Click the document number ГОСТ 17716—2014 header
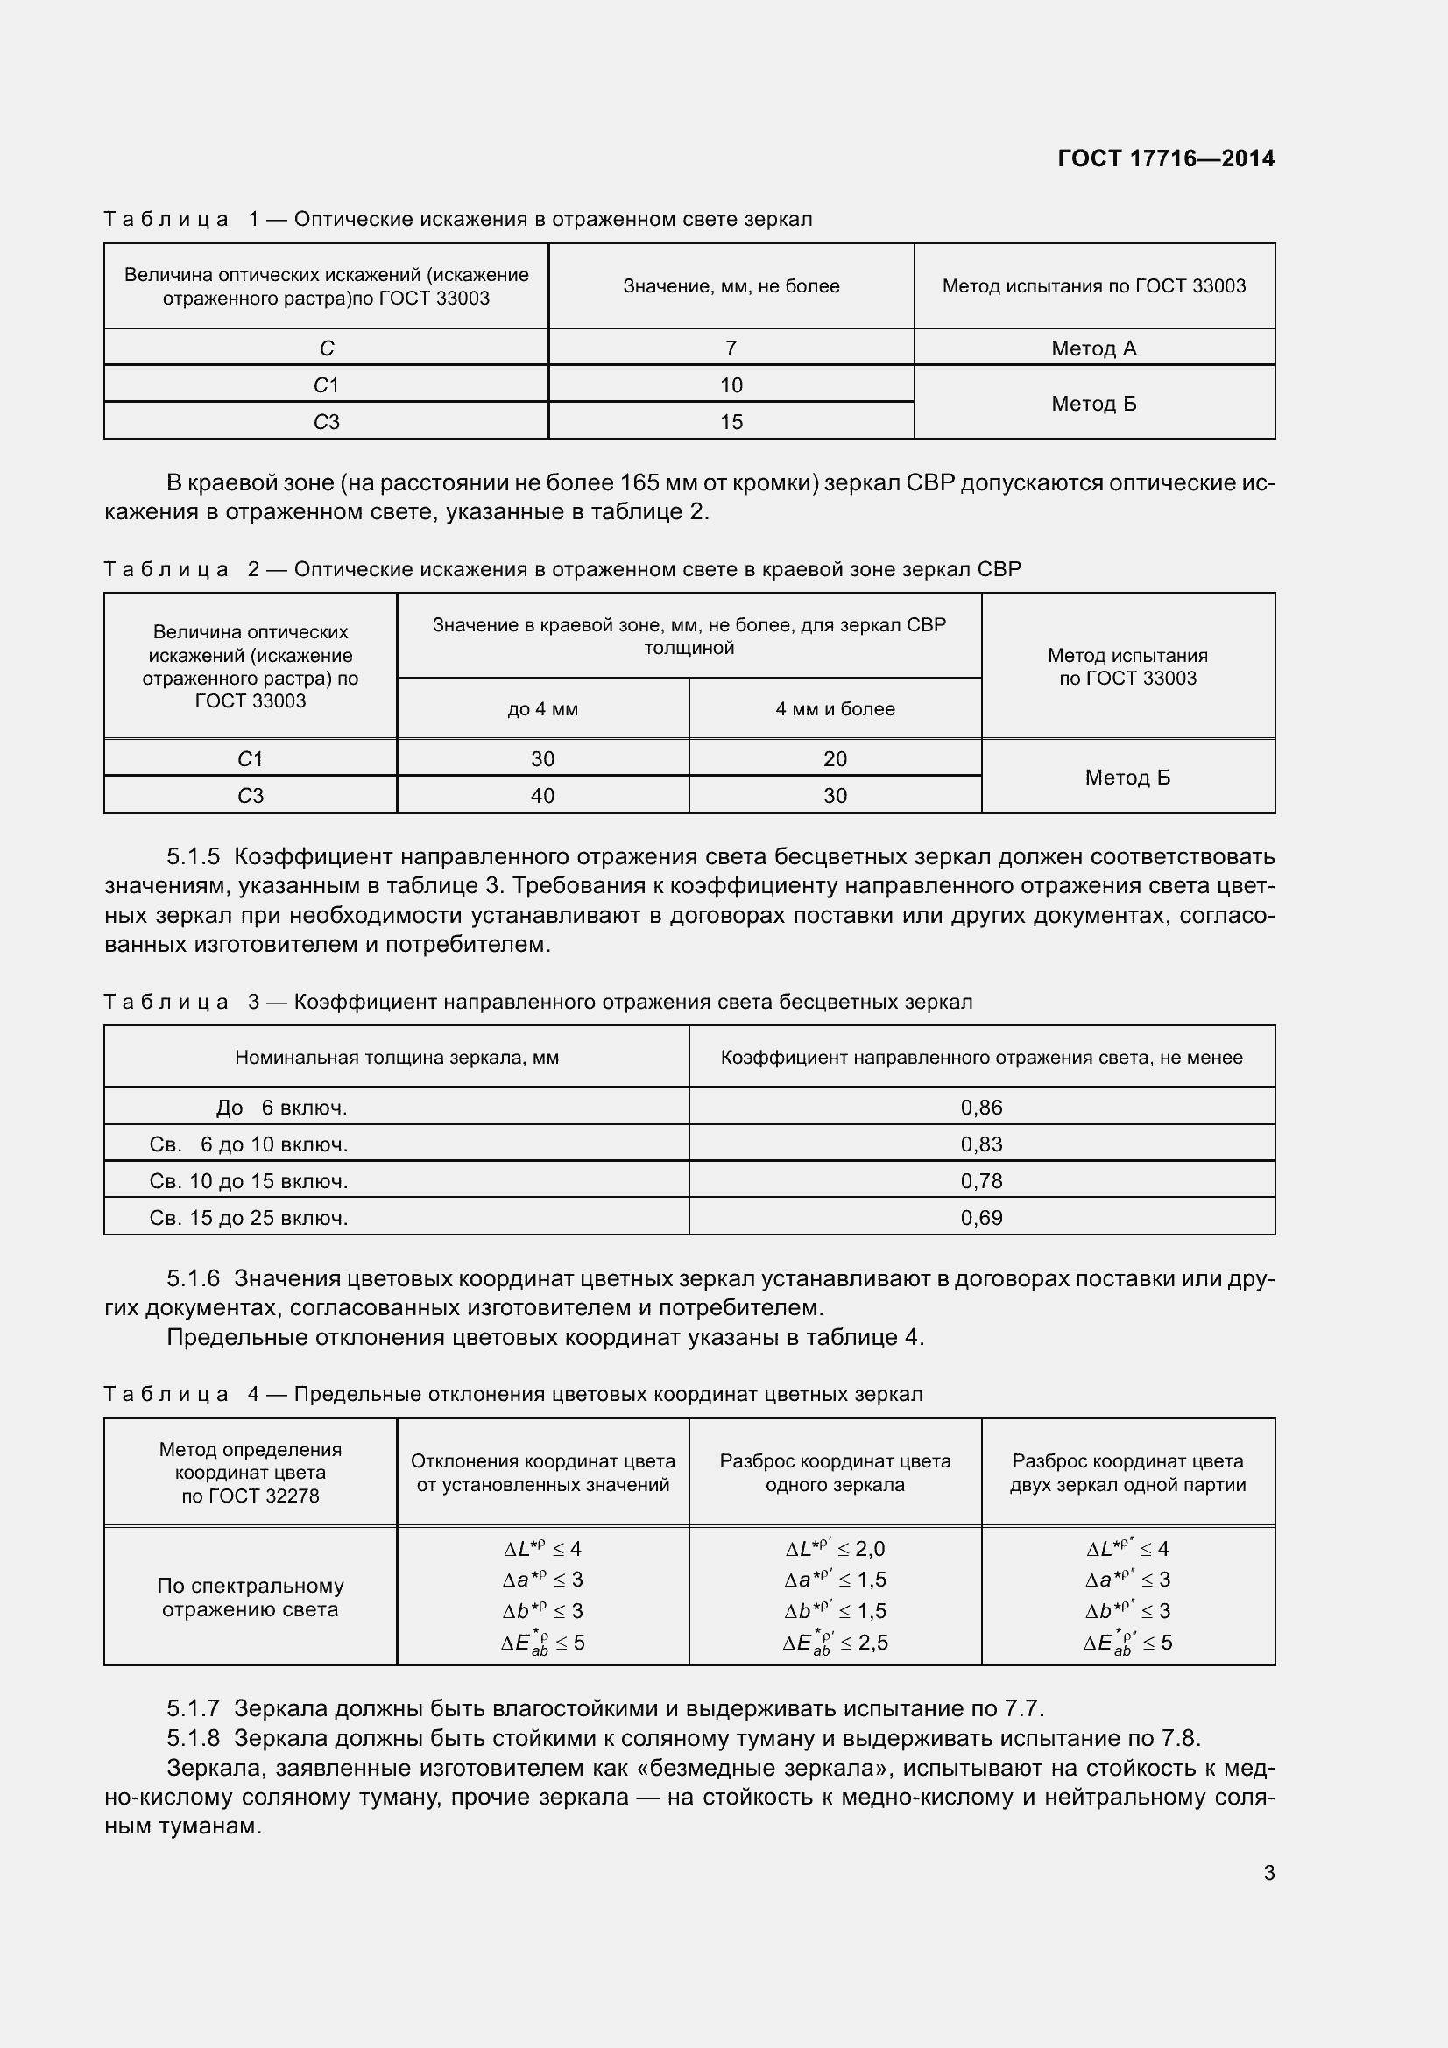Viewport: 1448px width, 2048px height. [x=1165, y=158]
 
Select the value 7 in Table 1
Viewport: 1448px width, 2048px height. [x=731, y=348]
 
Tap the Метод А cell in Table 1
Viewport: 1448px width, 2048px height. [x=1094, y=348]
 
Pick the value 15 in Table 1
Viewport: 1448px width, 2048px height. [x=731, y=422]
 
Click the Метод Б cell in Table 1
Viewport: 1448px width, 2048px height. [x=1094, y=403]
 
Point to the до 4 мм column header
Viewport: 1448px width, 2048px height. [x=542, y=709]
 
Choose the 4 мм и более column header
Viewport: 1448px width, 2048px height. [x=835, y=709]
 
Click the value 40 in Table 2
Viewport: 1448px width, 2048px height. [x=542, y=796]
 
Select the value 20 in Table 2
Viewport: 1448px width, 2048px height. [x=835, y=759]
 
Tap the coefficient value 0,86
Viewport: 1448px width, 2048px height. [x=981, y=1108]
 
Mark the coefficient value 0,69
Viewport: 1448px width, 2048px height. [x=981, y=1219]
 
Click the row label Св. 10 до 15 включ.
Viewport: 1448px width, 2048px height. [x=249, y=1182]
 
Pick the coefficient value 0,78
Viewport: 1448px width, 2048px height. [x=981, y=1182]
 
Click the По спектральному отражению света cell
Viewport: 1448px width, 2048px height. [x=250, y=1598]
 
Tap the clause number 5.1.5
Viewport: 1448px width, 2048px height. [x=193, y=857]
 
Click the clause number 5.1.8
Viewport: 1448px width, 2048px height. [x=193, y=1739]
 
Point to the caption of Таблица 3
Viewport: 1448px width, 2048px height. [x=538, y=1002]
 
